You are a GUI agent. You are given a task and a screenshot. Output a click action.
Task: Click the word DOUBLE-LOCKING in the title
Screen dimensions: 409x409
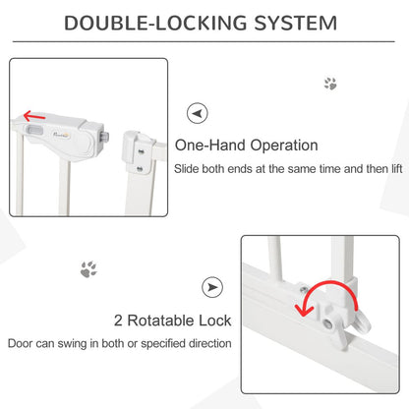pos(157,23)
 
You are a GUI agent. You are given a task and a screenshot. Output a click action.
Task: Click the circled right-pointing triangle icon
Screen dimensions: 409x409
pos(212,287)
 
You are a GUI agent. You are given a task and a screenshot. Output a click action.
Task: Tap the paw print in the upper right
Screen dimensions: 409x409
pos(330,84)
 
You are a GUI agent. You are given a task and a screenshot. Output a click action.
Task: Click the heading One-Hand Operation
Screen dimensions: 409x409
pos(246,146)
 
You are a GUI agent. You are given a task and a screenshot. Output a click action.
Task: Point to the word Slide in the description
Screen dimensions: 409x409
pos(189,169)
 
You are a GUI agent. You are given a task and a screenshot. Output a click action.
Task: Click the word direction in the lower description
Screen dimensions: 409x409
pos(204,344)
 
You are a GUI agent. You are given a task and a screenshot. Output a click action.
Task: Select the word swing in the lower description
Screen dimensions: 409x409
pos(96,344)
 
